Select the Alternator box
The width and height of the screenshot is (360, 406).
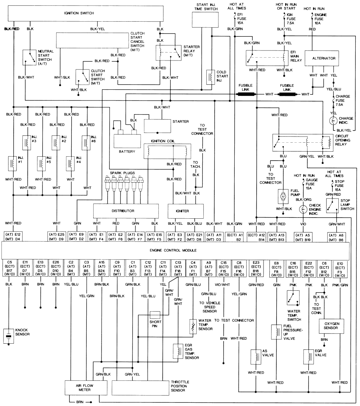[324, 58]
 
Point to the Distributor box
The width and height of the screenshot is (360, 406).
[126, 211]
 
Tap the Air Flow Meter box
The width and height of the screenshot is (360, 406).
[85, 388]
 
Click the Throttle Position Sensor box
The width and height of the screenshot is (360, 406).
[141, 388]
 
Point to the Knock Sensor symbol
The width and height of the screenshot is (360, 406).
[9, 336]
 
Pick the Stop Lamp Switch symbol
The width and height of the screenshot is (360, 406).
[330, 206]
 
